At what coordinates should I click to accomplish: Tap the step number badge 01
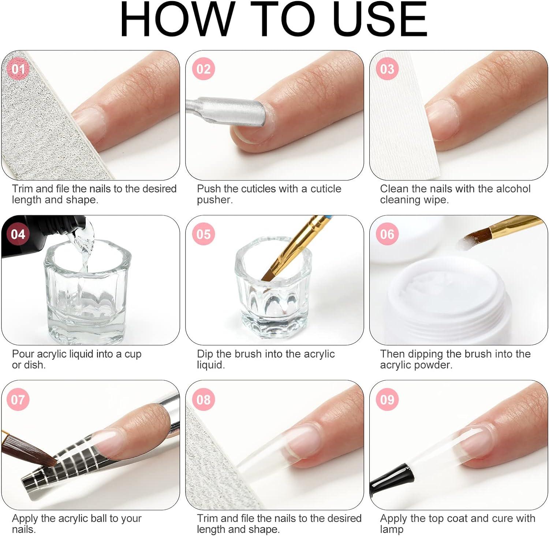click(18, 69)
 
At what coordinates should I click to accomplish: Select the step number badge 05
click(203, 234)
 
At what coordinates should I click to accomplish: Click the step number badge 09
click(387, 399)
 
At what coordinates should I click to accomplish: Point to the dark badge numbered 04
click(18, 234)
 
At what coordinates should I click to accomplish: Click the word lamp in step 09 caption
click(392, 529)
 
